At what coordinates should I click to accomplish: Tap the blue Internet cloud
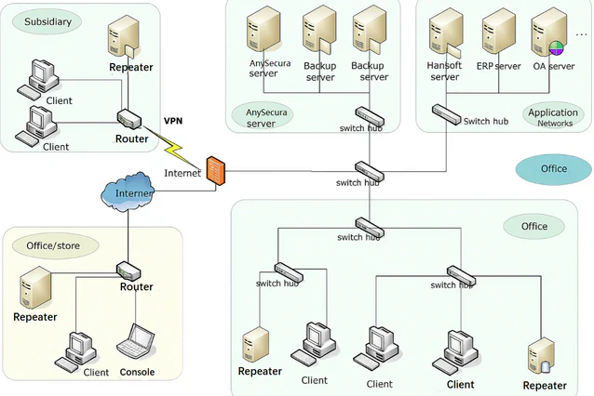pos(128,192)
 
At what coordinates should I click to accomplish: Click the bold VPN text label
pos(174,121)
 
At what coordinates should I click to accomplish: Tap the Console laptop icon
pos(136,344)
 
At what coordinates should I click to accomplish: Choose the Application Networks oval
pos(553,117)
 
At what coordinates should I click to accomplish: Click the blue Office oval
pos(553,169)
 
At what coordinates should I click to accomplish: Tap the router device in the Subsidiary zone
pos(129,120)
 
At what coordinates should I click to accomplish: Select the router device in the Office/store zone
pos(128,271)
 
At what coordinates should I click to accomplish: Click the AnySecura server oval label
pos(261,117)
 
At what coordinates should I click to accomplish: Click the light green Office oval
pos(533,226)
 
